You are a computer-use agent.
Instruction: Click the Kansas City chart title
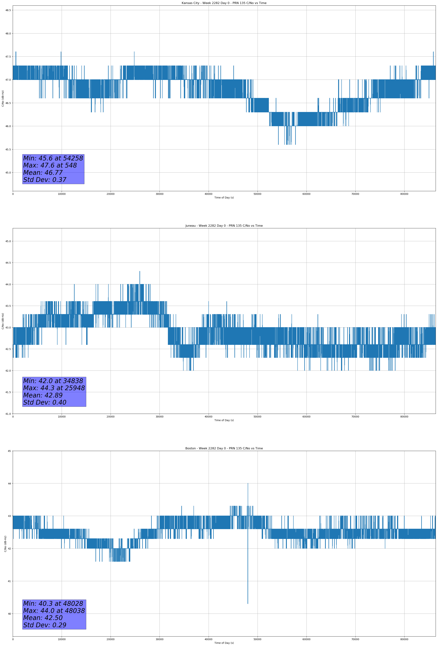[224, 3]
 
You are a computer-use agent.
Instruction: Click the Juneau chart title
[224, 226]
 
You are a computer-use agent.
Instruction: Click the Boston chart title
[224, 448]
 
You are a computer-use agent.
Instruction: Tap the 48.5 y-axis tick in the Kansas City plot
[8, 10]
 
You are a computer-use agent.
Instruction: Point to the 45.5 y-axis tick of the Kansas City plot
[8, 149]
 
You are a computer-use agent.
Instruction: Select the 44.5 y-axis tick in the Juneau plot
[8, 263]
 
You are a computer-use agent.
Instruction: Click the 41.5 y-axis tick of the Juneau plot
[8, 392]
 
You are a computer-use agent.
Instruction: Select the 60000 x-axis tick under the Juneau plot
[306, 417]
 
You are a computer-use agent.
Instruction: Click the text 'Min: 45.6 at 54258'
[53, 158]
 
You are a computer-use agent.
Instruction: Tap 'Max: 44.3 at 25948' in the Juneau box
[54, 388]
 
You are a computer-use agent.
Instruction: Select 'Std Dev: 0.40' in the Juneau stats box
[45, 403]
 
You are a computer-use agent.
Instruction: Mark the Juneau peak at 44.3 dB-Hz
[140, 271]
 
